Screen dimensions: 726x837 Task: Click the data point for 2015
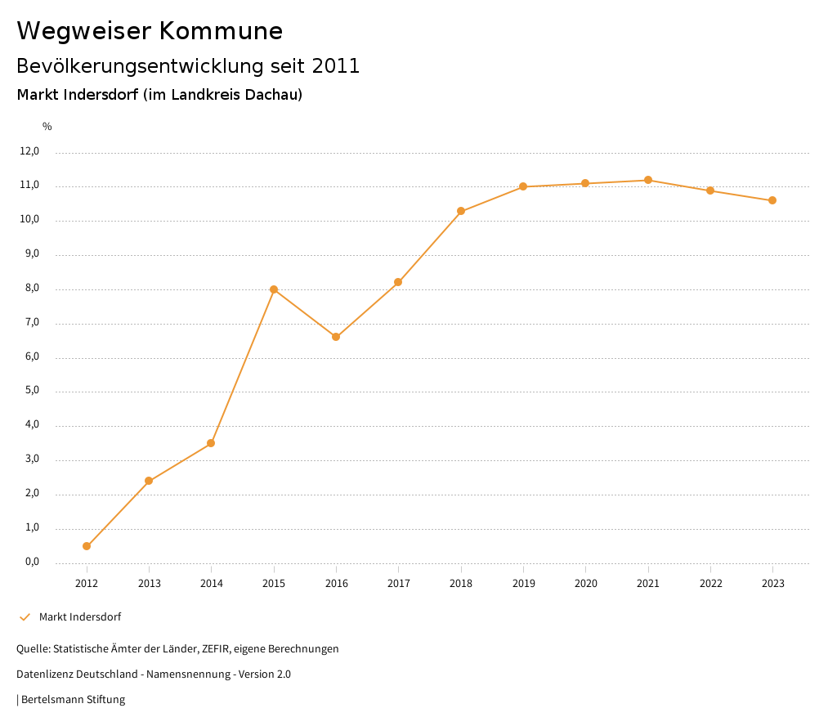point(274,289)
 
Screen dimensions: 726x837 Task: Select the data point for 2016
point(336,337)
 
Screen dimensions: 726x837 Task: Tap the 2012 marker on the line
point(87,546)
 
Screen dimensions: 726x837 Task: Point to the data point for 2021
point(648,180)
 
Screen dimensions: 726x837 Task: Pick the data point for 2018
point(461,211)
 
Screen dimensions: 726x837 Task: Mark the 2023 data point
point(772,200)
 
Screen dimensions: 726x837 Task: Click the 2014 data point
point(211,443)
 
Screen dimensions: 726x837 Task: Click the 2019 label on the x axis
point(523,584)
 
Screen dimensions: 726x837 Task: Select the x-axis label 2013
point(149,584)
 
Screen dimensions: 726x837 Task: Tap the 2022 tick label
point(710,584)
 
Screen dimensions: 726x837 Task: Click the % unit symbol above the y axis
point(47,127)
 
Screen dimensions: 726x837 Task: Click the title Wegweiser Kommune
point(150,31)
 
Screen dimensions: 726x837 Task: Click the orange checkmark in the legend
point(25,617)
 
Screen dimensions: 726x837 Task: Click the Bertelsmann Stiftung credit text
point(73,700)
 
